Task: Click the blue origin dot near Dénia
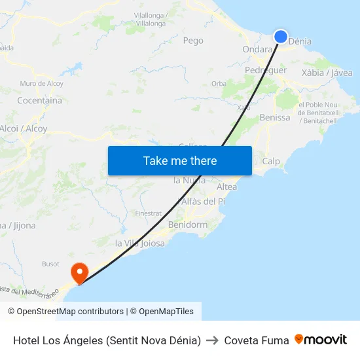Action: tap(281, 37)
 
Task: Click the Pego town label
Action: tap(193, 41)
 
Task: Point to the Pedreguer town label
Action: tap(266, 70)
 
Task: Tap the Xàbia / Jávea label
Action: tap(327, 73)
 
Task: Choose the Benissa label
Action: tap(275, 118)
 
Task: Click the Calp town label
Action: tap(271, 161)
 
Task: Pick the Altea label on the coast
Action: tap(226, 187)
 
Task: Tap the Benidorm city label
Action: tap(188, 225)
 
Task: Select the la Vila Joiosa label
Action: tap(140, 243)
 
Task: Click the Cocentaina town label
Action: tap(39, 101)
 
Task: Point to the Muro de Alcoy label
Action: tap(41, 84)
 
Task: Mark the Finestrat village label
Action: tap(148, 213)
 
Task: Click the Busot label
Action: tap(50, 264)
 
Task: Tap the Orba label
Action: tap(219, 84)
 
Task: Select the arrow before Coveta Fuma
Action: tap(212, 340)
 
